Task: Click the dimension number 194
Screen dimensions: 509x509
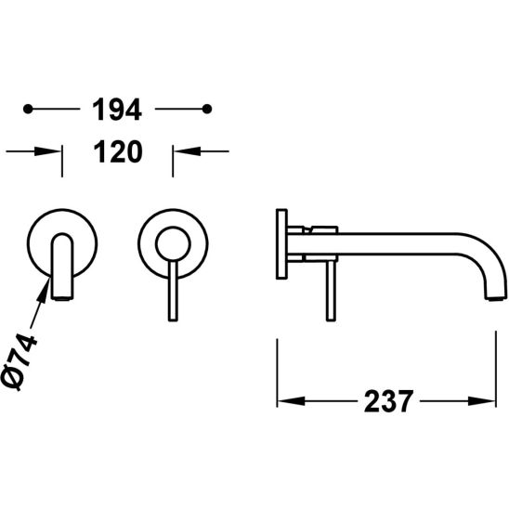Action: pyautogui.click(x=117, y=110)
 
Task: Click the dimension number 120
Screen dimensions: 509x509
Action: pyautogui.click(x=118, y=151)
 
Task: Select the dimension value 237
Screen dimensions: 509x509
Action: pyautogui.click(x=388, y=401)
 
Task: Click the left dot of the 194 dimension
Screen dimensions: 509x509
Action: pyautogui.click(x=28, y=109)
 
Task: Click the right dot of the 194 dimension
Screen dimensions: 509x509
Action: pyautogui.click(x=207, y=109)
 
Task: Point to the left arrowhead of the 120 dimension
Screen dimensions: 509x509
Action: pyautogui.click(x=47, y=151)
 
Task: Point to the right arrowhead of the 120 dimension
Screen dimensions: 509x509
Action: pyautogui.click(x=188, y=151)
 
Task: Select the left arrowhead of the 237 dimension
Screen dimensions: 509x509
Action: pyautogui.click(x=291, y=401)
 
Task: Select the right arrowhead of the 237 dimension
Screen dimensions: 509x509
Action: pyautogui.click(x=482, y=401)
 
